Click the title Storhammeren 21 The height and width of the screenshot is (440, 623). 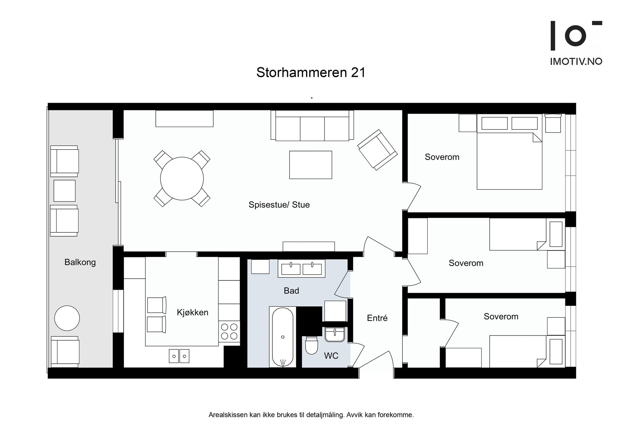click(311, 73)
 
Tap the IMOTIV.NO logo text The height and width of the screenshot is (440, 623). click(576, 62)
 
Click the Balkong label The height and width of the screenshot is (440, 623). click(80, 262)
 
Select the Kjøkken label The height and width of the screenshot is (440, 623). click(192, 312)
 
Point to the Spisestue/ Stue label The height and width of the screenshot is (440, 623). click(279, 205)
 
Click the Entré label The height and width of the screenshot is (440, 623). click(377, 318)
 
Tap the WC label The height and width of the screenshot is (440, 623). click(331, 356)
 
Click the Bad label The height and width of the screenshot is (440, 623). click(291, 291)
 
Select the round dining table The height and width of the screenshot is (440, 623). click(182, 179)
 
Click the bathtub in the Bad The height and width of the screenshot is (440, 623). click(283, 337)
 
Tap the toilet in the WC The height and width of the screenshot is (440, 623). click(311, 346)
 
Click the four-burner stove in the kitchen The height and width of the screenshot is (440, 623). click(229, 332)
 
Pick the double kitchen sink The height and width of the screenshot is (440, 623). click(179, 356)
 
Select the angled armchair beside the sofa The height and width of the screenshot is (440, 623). click(378, 150)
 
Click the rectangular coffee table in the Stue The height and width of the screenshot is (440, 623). click(310, 165)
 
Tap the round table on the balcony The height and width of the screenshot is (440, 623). click(67, 318)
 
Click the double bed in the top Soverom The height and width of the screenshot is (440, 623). click(509, 155)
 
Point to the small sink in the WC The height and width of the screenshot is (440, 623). click(335, 335)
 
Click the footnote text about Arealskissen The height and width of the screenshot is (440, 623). click(311, 415)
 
